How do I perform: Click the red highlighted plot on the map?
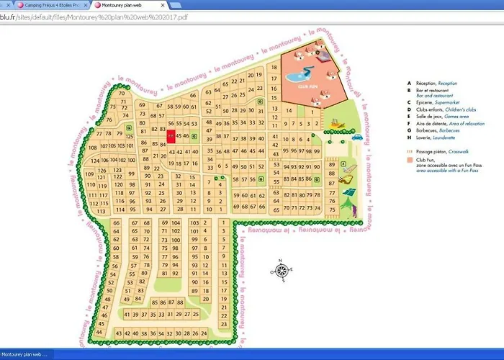click(171, 135)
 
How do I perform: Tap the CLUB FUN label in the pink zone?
click(309, 84)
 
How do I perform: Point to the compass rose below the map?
click(282, 271)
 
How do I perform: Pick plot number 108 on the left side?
click(93, 147)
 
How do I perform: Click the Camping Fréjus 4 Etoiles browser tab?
click(50, 5)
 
